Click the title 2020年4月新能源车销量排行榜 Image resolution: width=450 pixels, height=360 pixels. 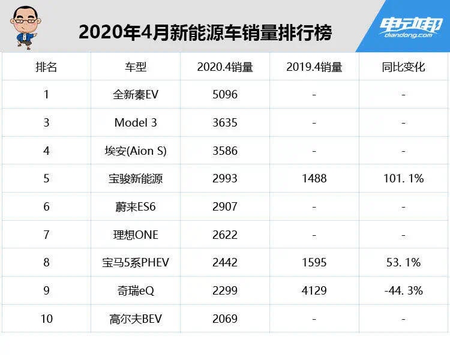point(205,32)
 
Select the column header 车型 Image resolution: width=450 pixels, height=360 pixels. point(135,67)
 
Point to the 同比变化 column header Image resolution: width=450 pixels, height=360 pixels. point(403,67)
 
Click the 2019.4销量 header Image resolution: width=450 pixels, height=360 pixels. point(314,67)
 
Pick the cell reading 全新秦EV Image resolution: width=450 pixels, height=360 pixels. point(135,95)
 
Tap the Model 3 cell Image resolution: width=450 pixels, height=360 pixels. point(135,122)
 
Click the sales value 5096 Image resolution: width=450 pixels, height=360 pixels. point(225,95)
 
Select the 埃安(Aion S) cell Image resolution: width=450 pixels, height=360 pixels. point(135,151)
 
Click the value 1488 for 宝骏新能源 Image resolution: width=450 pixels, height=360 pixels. point(314,179)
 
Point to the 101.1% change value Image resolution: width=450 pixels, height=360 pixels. point(403,179)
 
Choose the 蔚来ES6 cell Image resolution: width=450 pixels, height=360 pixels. point(135,206)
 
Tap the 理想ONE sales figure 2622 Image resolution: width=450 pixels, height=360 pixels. point(225,235)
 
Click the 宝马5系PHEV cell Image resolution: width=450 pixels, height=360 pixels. point(135,263)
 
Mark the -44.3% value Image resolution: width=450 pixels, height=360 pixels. point(403,290)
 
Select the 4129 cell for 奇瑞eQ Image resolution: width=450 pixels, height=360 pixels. point(314,290)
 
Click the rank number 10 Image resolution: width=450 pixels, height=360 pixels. point(46,319)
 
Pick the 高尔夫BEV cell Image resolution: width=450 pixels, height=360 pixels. point(135,319)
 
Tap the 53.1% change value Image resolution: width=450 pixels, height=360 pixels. point(403,263)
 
